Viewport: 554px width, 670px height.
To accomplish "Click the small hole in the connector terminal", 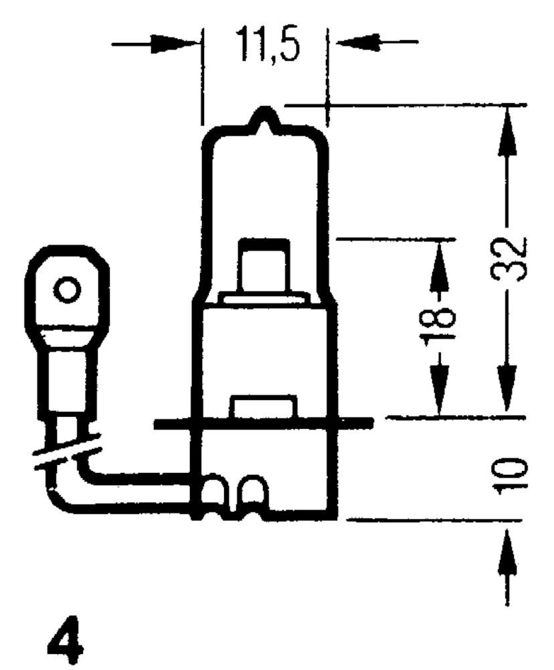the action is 67,291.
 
